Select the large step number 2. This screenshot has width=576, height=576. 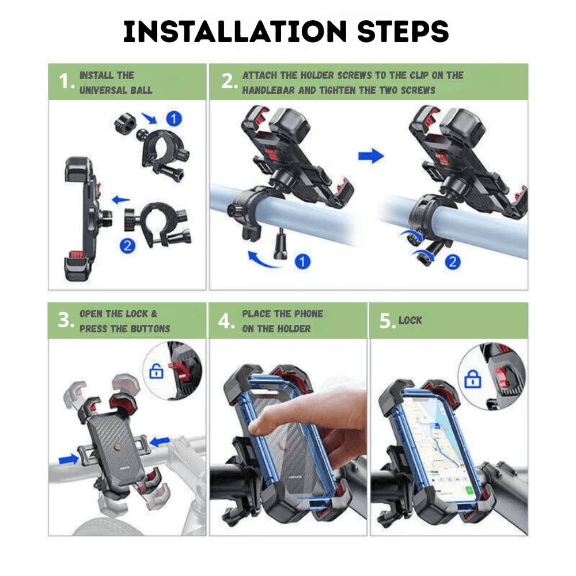(228, 82)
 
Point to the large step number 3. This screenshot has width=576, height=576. (65, 321)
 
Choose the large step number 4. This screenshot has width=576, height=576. (226, 321)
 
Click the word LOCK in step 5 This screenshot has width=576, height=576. (410, 320)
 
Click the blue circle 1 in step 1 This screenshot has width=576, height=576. (173, 119)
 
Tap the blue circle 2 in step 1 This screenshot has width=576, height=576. (127, 246)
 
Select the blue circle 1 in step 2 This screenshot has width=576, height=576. (302, 262)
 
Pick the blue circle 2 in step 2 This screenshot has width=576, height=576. (453, 262)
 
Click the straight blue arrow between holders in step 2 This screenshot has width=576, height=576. (370, 156)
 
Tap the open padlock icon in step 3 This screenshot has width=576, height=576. (157, 370)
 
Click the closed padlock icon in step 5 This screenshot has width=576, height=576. (472, 378)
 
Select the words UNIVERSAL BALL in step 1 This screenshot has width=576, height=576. (116, 90)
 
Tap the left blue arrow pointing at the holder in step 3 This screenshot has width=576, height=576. (70, 459)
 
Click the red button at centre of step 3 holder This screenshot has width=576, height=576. (118, 446)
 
